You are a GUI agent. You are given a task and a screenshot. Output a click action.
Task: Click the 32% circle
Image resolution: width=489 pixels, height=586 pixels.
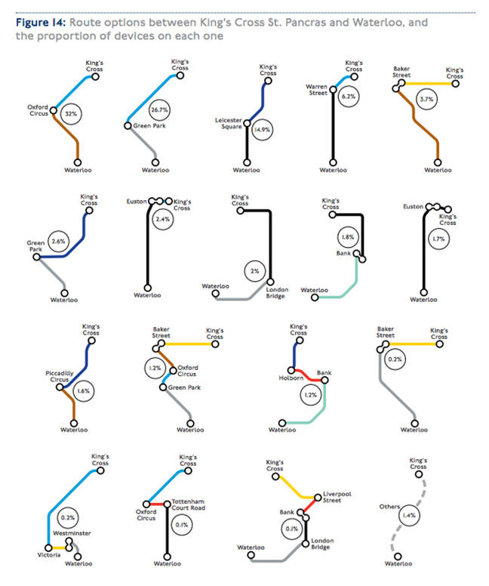pyautogui.click(x=71, y=113)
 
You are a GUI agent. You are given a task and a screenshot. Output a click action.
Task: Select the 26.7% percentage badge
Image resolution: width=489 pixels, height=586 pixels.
pyautogui.click(x=159, y=110)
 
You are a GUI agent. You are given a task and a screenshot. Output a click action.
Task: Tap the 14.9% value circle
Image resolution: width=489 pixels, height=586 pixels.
pyautogui.click(x=263, y=130)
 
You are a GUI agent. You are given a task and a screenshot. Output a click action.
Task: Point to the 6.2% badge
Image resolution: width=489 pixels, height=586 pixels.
pyautogui.click(x=349, y=97)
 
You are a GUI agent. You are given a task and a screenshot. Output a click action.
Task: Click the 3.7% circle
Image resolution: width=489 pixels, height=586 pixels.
pyautogui.click(x=426, y=100)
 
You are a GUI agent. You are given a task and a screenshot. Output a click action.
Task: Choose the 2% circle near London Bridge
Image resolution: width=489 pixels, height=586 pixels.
pyautogui.click(x=255, y=271)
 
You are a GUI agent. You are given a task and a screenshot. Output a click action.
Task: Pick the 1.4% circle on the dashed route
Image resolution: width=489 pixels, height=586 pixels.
pyautogui.click(x=410, y=515)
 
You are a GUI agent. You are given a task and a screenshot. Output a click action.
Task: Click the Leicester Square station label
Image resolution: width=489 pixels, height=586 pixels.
pyautogui.click(x=229, y=123)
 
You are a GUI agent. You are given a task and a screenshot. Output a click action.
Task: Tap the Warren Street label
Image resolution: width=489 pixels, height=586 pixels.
pyautogui.click(x=316, y=90)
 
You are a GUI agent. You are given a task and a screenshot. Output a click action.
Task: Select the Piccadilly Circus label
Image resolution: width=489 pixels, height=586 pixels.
pyautogui.click(x=60, y=376)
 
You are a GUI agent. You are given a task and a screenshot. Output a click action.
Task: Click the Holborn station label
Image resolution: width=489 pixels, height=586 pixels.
pyautogui.click(x=291, y=378)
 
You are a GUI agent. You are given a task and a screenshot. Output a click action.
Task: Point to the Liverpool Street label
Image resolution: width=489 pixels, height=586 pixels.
pyautogui.click(x=337, y=497)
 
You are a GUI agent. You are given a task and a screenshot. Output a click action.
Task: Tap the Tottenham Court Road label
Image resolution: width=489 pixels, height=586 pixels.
pyautogui.click(x=188, y=504)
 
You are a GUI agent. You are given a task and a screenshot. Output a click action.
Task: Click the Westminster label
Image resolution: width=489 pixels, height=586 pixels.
pyautogui.click(x=72, y=533)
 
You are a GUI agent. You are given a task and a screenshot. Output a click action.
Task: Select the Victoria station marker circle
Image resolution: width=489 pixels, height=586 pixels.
pyautogui.click(x=48, y=548)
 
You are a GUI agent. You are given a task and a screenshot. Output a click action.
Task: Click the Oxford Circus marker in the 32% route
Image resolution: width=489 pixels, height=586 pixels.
pyautogui.click(x=54, y=110)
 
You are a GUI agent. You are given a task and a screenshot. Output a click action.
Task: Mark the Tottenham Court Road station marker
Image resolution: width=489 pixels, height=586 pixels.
pyautogui.click(x=168, y=504)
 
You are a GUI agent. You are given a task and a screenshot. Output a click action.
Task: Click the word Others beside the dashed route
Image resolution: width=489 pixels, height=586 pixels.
pyautogui.click(x=389, y=507)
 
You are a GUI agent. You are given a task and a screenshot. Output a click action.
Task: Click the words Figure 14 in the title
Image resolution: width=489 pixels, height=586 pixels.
pyautogui.click(x=41, y=23)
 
